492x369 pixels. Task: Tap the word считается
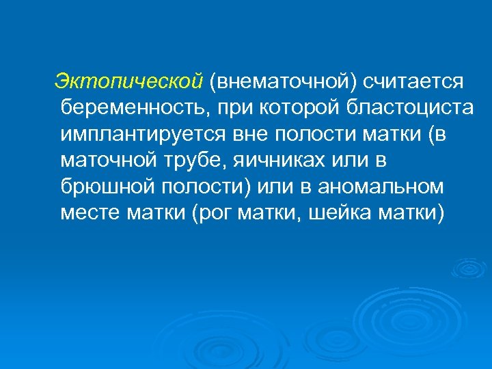414,81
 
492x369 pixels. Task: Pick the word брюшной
106,186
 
